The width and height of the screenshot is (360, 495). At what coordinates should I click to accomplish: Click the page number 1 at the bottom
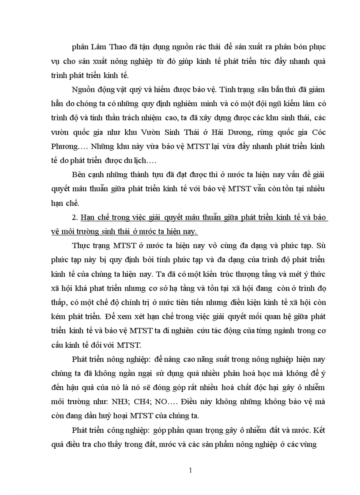tap(190, 470)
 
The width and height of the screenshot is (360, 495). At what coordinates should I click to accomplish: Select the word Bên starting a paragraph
tap(79, 175)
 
